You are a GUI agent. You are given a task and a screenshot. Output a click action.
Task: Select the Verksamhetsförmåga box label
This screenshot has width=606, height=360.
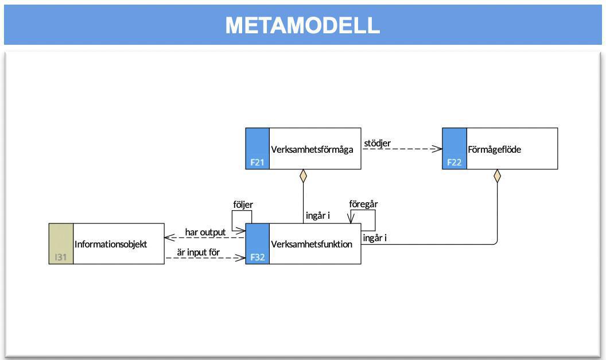tap(312, 150)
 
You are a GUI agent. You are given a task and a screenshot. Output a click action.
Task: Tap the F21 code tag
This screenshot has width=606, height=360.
tap(257, 162)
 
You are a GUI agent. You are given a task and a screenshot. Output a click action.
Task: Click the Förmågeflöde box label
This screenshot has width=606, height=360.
tap(494, 150)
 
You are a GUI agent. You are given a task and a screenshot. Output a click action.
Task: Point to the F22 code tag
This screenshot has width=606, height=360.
tap(454, 162)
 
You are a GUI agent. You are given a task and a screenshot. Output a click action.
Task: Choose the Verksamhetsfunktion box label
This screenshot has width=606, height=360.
tap(312, 245)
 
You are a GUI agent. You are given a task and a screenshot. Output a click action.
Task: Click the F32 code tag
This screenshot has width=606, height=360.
tap(257, 257)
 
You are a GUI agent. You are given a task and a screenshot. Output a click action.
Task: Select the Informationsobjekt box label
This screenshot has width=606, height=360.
tap(111, 245)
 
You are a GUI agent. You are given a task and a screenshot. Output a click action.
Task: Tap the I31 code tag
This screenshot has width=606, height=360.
tap(61, 257)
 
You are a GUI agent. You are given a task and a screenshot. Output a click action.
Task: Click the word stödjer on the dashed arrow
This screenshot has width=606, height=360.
tap(378, 142)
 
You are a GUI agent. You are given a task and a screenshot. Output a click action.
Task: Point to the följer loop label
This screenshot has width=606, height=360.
tap(243, 204)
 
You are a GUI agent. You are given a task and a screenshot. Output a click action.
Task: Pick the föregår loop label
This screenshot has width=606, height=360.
tap(363, 204)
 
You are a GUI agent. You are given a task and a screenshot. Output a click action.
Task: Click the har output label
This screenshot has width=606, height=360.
tap(205, 232)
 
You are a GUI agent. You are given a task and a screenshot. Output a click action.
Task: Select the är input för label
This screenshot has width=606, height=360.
tap(199, 252)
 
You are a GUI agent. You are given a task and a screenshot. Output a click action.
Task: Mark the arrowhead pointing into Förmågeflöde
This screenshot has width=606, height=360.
tap(438, 149)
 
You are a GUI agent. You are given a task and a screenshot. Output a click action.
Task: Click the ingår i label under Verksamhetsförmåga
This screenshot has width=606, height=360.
tap(317, 216)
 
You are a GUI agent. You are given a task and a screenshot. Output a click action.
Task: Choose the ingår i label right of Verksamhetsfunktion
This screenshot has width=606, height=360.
tap(375, 238)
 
